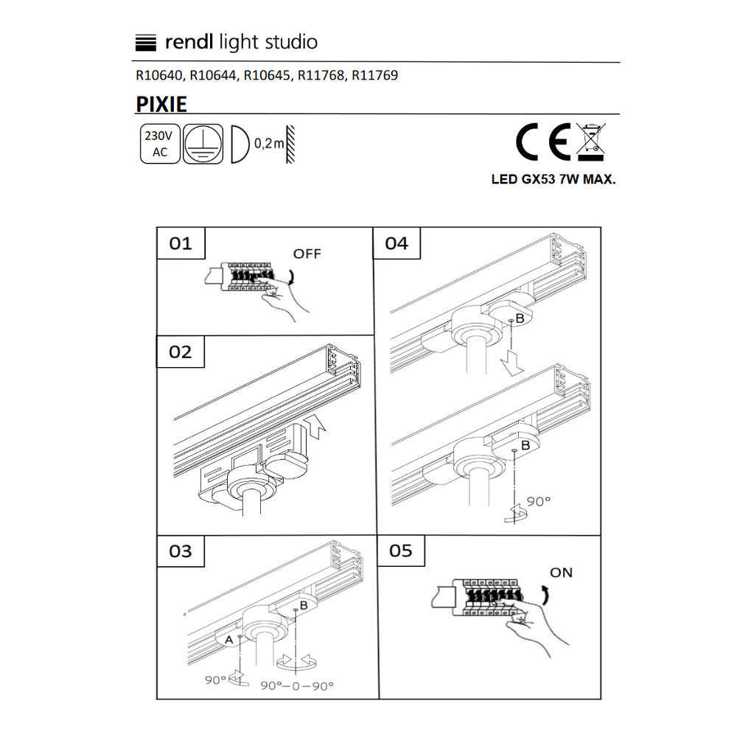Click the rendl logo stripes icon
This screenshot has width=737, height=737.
(x=145, y=43)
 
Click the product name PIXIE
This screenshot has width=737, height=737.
(x=161, y=104)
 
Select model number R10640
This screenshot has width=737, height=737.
(x=159, y=75)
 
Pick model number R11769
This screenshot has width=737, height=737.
(x=374, y=75)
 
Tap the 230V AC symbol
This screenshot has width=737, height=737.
(x=160, y=144)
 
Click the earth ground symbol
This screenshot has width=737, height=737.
(x=203, y=144)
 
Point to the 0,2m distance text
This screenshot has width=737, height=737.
(x=269, y=143)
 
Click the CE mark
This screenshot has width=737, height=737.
(x=543, y=142)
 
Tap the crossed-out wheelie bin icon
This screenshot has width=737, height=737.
(x=591, y=142)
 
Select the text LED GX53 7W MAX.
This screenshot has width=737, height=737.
(x=553, y=179)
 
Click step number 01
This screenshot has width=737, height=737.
(x=181, y=243)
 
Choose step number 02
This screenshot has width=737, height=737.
(x=180, y=352)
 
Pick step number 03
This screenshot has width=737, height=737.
(x=181, y=551)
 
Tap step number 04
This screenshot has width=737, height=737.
(x=397, y=243)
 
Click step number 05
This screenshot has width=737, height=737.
(x=400, y=551)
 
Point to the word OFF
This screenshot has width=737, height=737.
(x=307, y=254)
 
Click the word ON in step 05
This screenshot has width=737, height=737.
(x=561, y=573)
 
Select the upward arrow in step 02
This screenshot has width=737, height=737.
(x=315, y=427)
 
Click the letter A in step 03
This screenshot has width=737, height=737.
(x=229, y=640)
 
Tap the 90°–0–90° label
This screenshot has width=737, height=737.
(x=297, y=685)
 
